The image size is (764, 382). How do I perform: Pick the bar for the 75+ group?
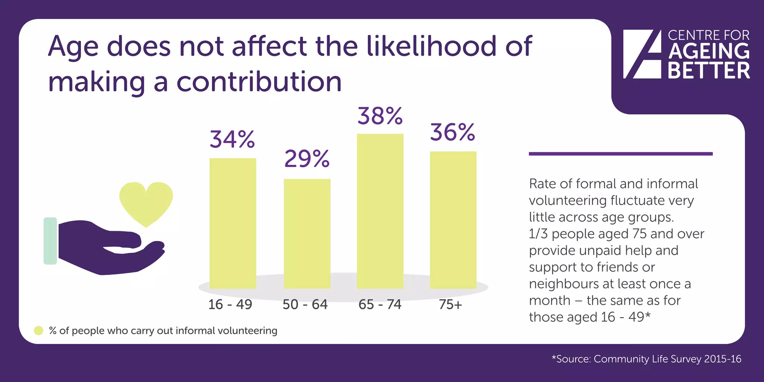click(x=453, y=220)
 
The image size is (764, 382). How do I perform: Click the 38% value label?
click(x=380, y=116)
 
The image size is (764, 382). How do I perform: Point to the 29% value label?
click(x=307, y=159)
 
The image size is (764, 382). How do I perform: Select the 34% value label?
click(x=232, y=140)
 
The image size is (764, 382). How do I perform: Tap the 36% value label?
click(x=453, y=132)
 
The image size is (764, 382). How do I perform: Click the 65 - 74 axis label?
click(x=380, y=304)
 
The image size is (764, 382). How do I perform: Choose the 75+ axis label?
click(x=450, y=304)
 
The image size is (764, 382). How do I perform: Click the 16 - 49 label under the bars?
click(x=230, y=304)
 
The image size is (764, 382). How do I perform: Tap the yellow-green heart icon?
click(x=146, y=202)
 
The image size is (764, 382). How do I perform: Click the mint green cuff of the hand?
click(x=50, y=241)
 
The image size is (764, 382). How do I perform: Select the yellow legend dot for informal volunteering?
click(x=38, y=331)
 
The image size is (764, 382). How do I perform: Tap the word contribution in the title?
click(x=259, y=82)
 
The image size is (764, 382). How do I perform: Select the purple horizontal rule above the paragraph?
click(x=620, y=154)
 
